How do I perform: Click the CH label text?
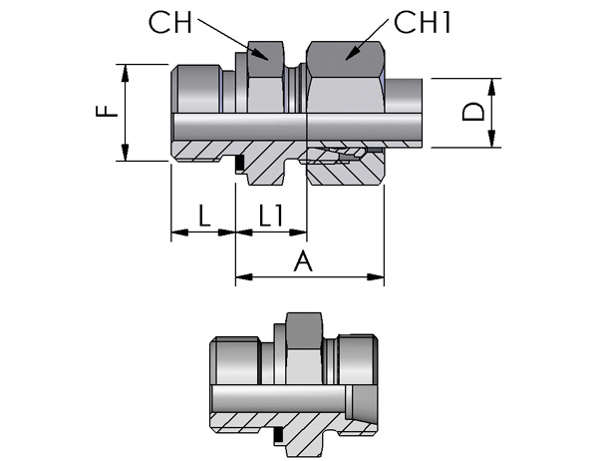coord(170,23)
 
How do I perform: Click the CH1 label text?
coord(423,23)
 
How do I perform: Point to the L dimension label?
coord(204,216)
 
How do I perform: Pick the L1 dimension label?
coord(271,216)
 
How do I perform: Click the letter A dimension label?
coord(303,261)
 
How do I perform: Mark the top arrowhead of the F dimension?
coord(125,73)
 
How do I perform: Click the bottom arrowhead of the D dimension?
coord(491,139)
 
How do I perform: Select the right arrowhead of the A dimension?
coord(376,277)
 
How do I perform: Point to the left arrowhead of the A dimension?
coord(244,277)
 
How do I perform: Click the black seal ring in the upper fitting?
coord(239,163)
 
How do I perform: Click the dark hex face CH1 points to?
coord(345,60)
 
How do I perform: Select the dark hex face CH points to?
coord(266,59)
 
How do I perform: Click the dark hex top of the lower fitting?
coord(305,329)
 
